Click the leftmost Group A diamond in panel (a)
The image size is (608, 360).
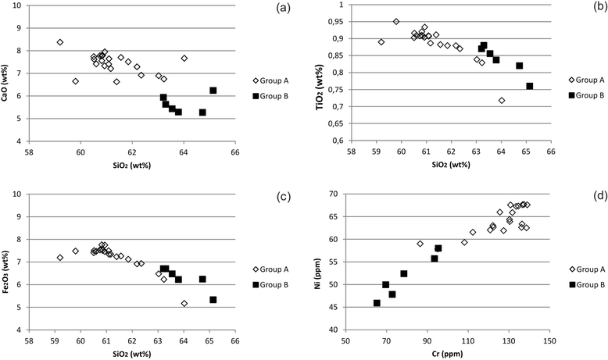click(x=60, y=42)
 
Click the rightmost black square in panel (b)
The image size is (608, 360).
click(x=529, y=86)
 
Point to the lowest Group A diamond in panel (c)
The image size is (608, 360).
click(x=184, y=303)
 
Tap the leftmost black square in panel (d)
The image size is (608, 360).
click(x=377, y=303)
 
